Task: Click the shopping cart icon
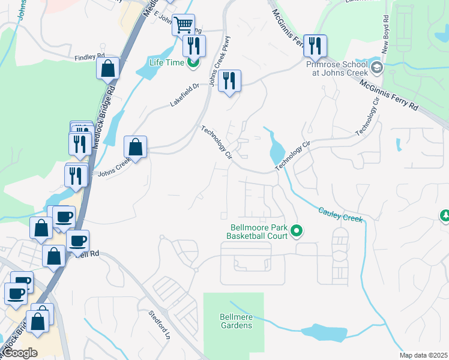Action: click(x=184, y=25)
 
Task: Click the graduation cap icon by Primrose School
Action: click(x=377, y=66)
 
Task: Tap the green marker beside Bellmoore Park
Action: click(x=296, y=230)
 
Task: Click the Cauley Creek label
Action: click(x=340, y=215)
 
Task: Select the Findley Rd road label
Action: click(x=89, y=58)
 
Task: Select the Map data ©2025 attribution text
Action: click(x=423, y=355)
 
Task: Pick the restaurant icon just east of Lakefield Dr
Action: click(x=229, y=80)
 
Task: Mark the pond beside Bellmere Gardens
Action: click(x=324, y=332)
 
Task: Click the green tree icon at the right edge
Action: click(x=445, y=215)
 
